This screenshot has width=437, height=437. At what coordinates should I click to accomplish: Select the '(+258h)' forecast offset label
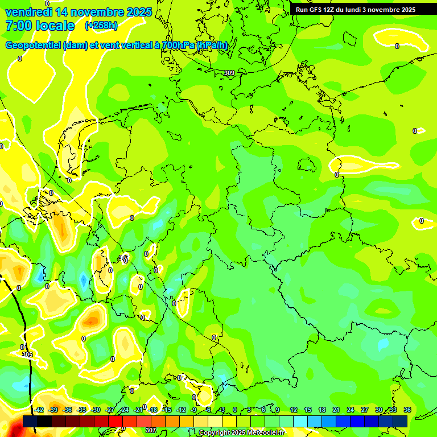point(101,26)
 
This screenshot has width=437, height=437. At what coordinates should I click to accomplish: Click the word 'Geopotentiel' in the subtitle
point(34,45)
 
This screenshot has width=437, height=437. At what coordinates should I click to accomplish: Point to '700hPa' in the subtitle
point(175,45)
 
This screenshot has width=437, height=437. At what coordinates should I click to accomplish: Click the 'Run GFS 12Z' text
point(315,10)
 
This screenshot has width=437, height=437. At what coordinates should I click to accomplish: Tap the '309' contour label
point(229,73)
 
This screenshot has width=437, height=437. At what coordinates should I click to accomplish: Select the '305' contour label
point(27,354)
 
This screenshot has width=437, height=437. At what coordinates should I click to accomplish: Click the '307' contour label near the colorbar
point(150,430)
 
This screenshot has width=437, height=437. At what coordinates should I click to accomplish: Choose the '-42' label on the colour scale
point(39,410)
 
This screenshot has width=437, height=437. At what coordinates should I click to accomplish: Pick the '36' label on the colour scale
point(407,410)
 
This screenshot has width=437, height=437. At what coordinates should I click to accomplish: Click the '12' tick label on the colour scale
point(294,410)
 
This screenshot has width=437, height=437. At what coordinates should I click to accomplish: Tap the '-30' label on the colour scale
point(96,410)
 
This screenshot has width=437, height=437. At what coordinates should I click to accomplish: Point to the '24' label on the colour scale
point(351,410)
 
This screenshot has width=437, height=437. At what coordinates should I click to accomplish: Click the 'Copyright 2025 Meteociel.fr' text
point(241,433)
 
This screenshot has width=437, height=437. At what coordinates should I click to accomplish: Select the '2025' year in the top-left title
point(139,12)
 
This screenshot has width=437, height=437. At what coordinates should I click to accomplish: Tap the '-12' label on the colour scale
point(181,410)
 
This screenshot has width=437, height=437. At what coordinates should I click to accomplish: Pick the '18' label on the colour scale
point(322,410)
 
